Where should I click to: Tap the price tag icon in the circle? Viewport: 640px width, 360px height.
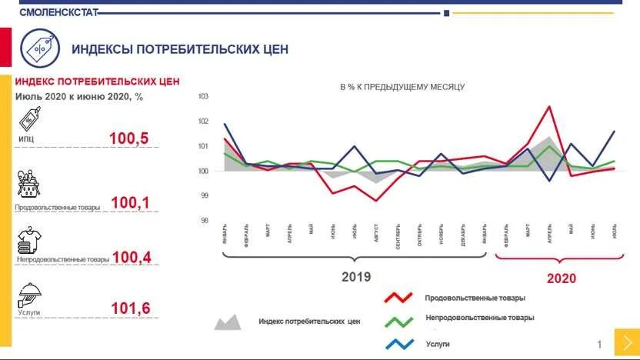pyautogui.click(x=39, y=48)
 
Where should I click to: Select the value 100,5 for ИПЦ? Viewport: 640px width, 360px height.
pyautogui.click(x=128, y=139)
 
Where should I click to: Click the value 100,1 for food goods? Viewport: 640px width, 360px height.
pyautogui.click(x=130, y=203)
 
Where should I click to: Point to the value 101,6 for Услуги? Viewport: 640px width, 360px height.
pyautogui.click(x=130, y=309)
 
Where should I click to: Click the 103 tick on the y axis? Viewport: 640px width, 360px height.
pyautogui.click(x=204, y=96)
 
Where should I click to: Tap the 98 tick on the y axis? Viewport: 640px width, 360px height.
pyautogui.click(x=204, y=221)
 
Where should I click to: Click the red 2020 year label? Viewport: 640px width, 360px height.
pyautogui.click(x=561, y=278)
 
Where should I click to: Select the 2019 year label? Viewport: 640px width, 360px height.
pyautogui.click(x=355, y=277)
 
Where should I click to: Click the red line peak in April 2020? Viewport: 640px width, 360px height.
pyautogui.click(x=549, y=106)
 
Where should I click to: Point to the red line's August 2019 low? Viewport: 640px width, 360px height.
pyautogui.click(x=376, y=201)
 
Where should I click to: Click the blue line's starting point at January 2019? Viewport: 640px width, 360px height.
pyautogui.click(x=225, y=124)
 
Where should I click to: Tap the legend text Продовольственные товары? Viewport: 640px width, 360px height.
pyautogui.click(x=475, y=298)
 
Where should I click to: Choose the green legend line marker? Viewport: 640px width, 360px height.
pyautogui.click(x=400, y=320)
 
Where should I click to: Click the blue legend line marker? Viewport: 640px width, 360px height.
pyautogui.click(x=400, y=343)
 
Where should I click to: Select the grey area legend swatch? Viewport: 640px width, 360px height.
pyautogui.click(x=227, y=322)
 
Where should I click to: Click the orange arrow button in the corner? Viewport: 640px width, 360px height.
pyautogui.click(x=626, y=342)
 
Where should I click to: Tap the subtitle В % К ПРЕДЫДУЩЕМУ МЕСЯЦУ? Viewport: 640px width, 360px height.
pyautogui.click(x=402, y=87)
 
